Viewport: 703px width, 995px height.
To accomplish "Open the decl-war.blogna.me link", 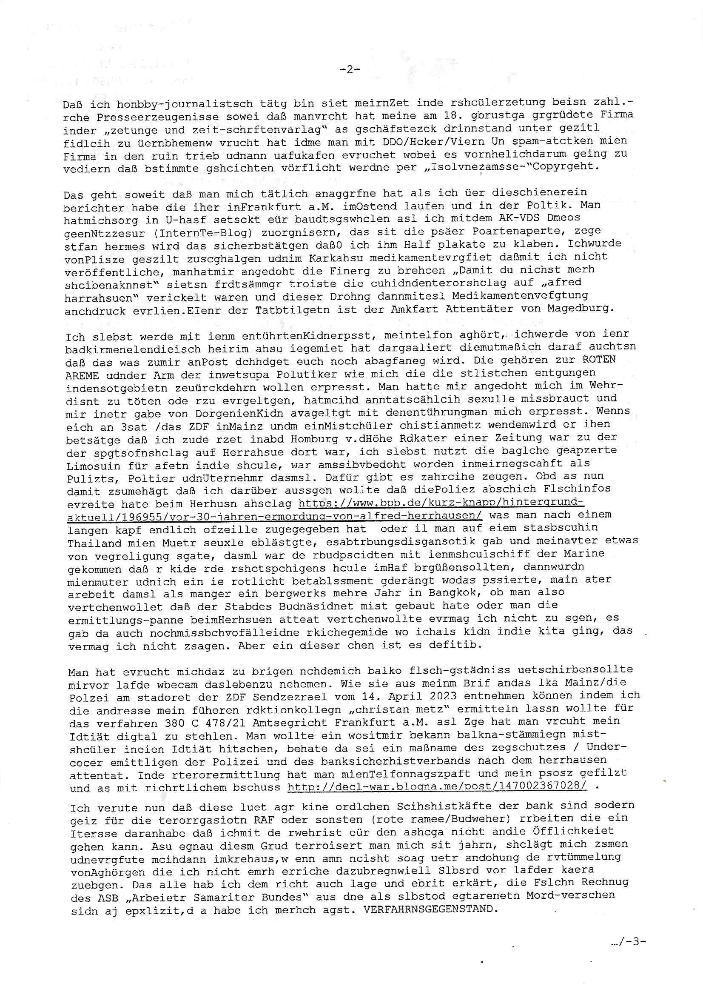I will tap(438, 787).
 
